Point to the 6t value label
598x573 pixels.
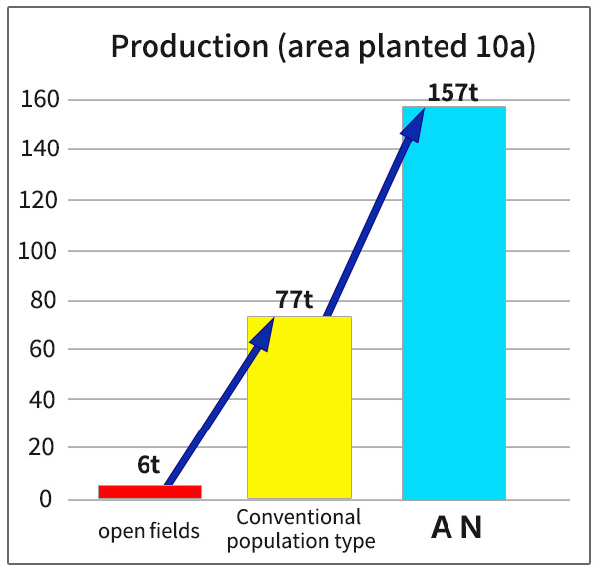[149, 464]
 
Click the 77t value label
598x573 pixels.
[294, 300]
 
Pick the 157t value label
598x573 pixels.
[453, 93]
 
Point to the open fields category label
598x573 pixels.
[149, 531]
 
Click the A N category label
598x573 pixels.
[455, 528]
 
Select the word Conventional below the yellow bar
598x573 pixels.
[299, 518]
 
